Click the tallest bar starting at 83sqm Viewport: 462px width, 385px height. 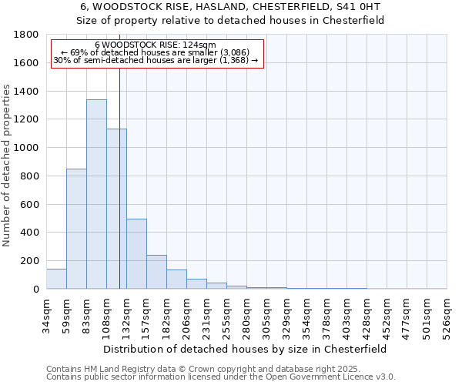(x=96, y=194)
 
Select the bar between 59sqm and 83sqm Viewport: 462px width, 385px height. (x=76, y=229)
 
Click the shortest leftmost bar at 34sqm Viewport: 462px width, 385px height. (x=56, y=279)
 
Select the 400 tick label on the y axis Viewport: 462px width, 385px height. (x=30, y=233)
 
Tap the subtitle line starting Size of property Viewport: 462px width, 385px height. (x=230, y=21)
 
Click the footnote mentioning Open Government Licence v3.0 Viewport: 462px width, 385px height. (x=221, y=377)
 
